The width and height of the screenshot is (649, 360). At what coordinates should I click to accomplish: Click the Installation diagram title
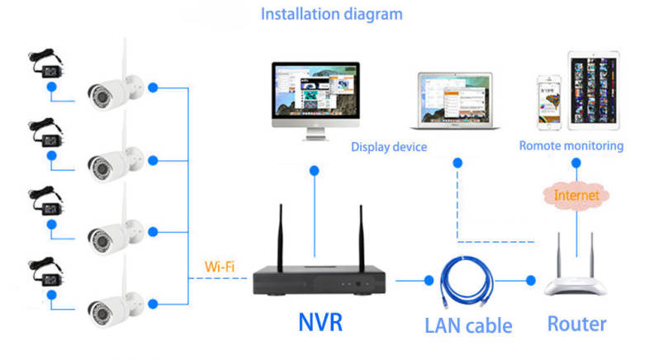click(332, 14)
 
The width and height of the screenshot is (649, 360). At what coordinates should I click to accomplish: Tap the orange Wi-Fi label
click(220, 267)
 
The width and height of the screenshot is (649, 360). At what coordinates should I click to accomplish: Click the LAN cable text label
click(468, 324)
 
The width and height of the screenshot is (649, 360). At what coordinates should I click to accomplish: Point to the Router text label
click(578, 323)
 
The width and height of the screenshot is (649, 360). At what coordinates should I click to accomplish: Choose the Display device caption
click(388, 147)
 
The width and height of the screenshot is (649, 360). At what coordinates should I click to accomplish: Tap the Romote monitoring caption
click(571, 146)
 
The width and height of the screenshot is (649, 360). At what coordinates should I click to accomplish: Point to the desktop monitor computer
click(315, 97)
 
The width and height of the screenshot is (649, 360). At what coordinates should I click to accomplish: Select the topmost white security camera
click(116, 85)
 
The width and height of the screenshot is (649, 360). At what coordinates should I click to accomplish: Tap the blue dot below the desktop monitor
click(315, 171)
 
